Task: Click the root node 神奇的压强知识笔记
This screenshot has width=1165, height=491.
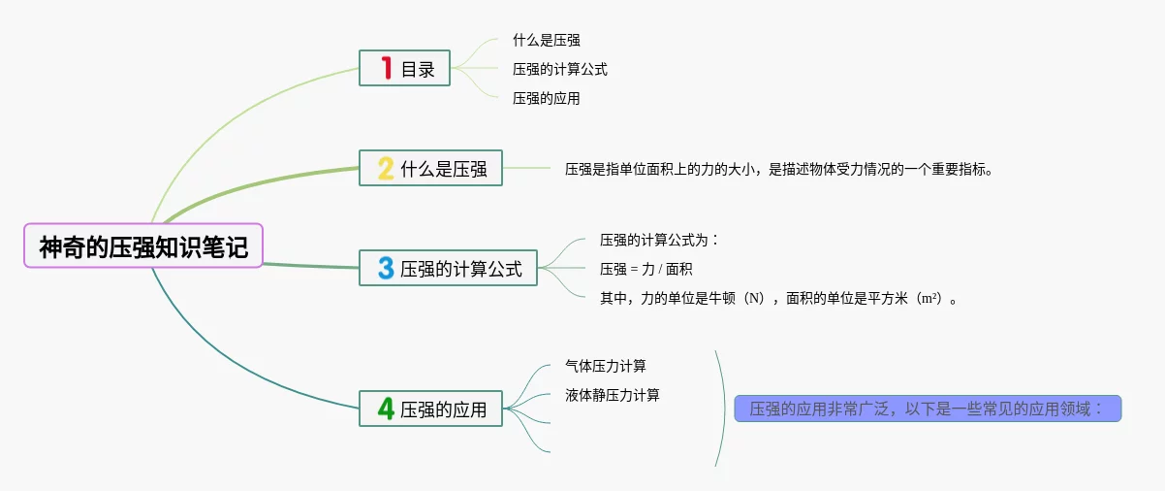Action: point(143,246)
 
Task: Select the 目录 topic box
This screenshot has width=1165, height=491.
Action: point(404,69)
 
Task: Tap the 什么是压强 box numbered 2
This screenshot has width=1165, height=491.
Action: point(430,169)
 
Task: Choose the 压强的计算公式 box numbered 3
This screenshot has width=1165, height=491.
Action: point(447,268)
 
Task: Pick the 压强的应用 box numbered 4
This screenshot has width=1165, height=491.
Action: point(430,409)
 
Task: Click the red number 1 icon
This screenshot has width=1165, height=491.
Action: point(386,69)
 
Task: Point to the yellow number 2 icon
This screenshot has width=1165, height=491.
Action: point(385,169)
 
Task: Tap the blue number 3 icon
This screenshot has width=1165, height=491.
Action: point(385,268)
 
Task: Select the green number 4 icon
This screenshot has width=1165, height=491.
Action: point(385,409)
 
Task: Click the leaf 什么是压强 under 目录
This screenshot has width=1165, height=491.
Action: point(547,41)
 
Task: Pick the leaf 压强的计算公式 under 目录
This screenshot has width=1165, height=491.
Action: point(560,69)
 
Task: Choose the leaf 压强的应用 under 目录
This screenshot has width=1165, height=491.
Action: point(547,98)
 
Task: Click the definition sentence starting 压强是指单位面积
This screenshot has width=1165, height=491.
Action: point(780,169)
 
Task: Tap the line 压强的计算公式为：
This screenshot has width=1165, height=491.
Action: point(659,240)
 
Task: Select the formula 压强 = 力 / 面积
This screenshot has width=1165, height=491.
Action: point(646,269)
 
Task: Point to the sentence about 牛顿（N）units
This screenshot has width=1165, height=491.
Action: point(780,298)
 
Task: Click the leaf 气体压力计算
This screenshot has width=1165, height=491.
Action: point(606,366)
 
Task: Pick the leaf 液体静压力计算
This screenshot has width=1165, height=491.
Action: point(613,395)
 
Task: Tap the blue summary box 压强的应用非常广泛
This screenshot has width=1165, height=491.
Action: point(928,409)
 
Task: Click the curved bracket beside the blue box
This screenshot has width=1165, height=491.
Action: point(722,409)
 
